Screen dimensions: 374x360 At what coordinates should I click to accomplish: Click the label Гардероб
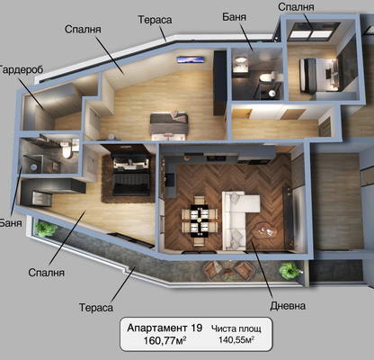tap(21, 69)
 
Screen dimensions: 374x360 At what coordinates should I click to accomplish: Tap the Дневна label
tap(288, 306)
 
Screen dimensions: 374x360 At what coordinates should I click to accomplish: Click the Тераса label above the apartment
tap(155, 20)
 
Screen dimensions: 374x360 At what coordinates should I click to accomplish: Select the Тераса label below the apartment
tap(96, 308)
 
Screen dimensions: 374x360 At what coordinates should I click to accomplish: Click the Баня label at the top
tap(235, 17)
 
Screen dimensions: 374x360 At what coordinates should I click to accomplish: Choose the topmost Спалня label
tap(296, 6)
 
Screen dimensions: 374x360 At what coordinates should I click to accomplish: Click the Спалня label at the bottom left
tap(47, 273)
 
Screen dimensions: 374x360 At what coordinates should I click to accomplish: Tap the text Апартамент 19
tap(165, 328)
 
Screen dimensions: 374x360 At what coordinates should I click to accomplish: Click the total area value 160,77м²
tap(165, 340)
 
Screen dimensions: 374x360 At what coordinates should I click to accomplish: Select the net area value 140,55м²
tap(236, 340)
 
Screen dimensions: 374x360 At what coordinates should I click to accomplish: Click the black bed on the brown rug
tap(131, 174)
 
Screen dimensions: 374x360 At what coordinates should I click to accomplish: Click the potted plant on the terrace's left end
tap(46, 228)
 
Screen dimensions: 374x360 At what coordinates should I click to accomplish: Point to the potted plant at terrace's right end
tap(289, 270)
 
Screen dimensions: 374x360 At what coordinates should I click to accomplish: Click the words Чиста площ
tap(236, 328)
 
